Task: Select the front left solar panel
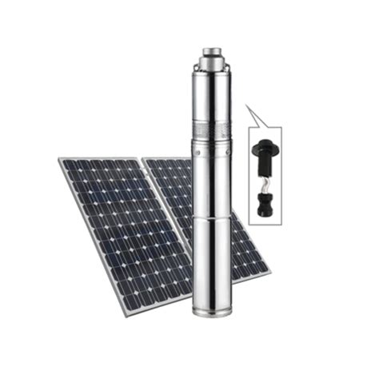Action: tap(120, 232)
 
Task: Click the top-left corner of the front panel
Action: tap(60, 160)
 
